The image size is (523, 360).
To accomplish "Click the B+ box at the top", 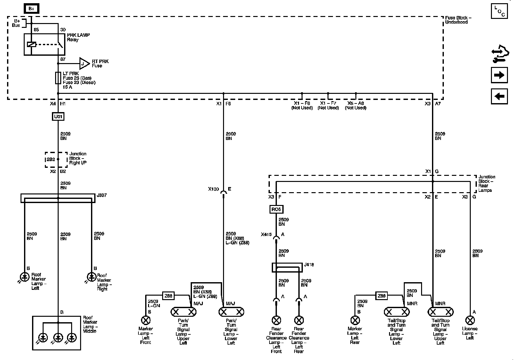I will (x=31, y=9).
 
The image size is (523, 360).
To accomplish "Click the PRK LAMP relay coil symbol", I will (x=31, y=44).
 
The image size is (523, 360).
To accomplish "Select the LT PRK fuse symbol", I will (x=58, y=78).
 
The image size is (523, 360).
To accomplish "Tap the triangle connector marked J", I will (x=84, y=64).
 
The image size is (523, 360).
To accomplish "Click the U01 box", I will (x=58, y=116).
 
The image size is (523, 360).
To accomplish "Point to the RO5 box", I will (x=276, y=209).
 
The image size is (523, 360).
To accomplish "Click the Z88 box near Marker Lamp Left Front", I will (x=169, y=296).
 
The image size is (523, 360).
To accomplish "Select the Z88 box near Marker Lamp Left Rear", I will (x=382, y=296).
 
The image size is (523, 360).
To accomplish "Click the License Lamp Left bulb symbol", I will (x=470, y=320).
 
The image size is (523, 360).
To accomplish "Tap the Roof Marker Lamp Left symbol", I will (x=25, y=276).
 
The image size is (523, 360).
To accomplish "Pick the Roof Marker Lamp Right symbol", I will (x=92, y=276).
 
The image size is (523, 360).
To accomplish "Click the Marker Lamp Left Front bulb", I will (x=146, y=320).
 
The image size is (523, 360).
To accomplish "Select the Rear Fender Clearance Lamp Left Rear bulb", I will (x=299, y=320).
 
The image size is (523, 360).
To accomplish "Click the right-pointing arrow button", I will (x=499, y=75).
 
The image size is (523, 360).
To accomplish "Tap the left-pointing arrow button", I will (x=499, y=96).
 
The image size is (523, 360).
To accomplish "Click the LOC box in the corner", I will (x=499, y=11).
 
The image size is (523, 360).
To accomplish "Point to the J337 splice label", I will (x=102, y=195).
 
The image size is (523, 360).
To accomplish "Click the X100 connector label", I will (x=213, y=189).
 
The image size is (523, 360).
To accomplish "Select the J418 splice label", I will (x=309, y=265).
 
